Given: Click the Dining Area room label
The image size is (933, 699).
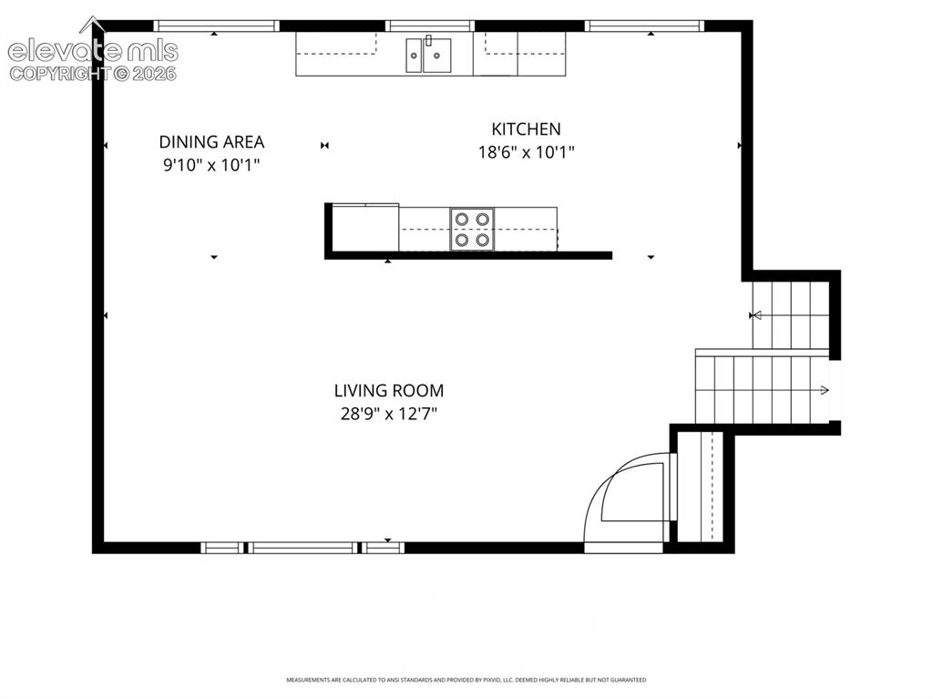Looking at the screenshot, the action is click(x=211, y=141).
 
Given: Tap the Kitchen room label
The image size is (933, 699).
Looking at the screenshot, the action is click(x=526, y=129).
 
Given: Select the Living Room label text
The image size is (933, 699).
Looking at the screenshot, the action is click(x=388, y=391).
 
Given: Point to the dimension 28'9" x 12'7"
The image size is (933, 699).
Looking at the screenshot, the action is click(x=388, y=413).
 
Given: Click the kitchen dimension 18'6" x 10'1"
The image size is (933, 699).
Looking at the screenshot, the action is click(x=526, y=152).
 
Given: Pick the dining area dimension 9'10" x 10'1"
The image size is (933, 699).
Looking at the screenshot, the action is click(x=211, y=165).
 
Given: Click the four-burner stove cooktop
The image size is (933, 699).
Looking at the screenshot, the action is click(x=473, y=230).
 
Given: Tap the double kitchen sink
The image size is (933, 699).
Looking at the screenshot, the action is click(x=428, y=55).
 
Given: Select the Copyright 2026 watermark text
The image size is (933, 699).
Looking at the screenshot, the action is click(x=93, y=74).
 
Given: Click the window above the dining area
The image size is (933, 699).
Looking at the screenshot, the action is click(x=217, y=26).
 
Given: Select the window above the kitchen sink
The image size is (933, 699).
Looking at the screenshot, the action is click(x=430, y=26).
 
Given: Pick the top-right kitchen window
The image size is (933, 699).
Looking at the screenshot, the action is click(x=644, y=26).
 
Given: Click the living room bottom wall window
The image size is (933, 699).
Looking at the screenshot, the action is click(x=302, y=548).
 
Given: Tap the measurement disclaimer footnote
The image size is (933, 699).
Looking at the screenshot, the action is click(x=466, y=679).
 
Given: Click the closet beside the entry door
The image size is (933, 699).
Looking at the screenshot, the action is click(x=701, y=487).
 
